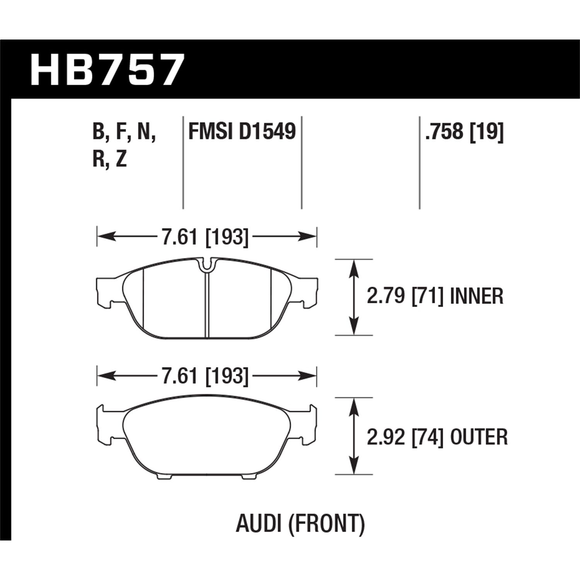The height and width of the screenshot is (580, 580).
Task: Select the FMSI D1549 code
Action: (x=242, y=131)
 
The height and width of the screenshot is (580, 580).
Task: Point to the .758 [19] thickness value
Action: (x=464, y=131)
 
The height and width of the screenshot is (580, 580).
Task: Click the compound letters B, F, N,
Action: (x=124, y=131)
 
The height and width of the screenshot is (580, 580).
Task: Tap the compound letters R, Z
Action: (x=110, y=159)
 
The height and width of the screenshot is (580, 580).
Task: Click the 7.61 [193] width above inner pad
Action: (x=205, y=237)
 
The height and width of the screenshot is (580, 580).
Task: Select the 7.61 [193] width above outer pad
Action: (x=205, y=375)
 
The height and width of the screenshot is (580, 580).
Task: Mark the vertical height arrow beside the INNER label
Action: (x=352, y=297)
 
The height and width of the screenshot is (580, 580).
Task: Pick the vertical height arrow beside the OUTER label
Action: (x=352, y=436)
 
